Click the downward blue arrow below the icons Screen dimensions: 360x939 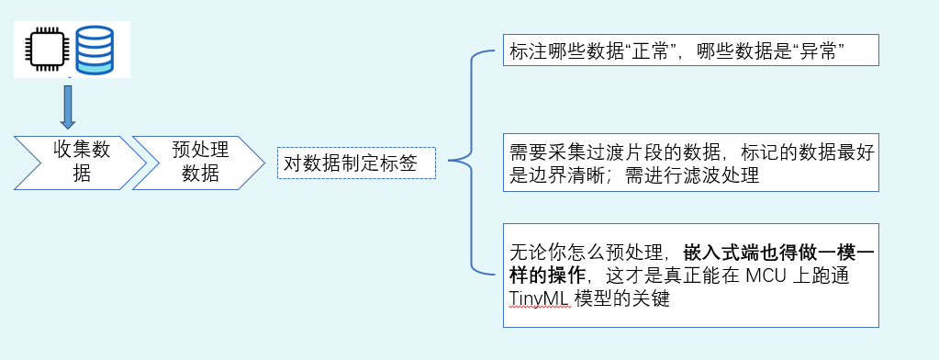(x=67, y=107)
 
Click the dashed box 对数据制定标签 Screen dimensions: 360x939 (x=356, y=163)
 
